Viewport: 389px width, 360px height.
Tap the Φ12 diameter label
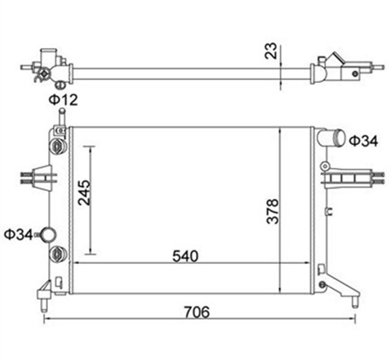63,99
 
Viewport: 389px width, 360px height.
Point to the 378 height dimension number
273,211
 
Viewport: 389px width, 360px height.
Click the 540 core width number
185,256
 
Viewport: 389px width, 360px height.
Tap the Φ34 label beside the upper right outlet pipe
363,141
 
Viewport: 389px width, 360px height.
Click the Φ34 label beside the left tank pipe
18,234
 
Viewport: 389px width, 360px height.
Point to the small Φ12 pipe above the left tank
61,116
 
